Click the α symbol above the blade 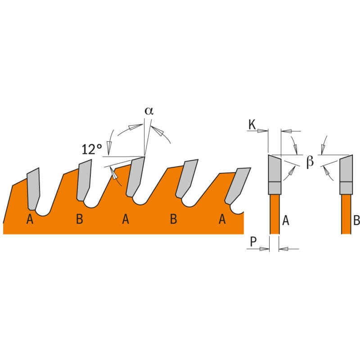[x=149, y=111]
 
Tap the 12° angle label [x=92, y=149]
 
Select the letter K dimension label [x=252, y=124]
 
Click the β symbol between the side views [x=310, y=162]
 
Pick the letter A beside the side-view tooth [x=285, y=220]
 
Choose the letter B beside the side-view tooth [x=356, y=220]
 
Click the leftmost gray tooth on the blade [x=33, y=188]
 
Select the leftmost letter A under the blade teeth [x=30, y=219]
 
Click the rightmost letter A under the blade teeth [x=222, y=219]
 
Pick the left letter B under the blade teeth [x=79, y=219]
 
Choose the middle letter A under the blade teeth [x=126, y=219]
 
